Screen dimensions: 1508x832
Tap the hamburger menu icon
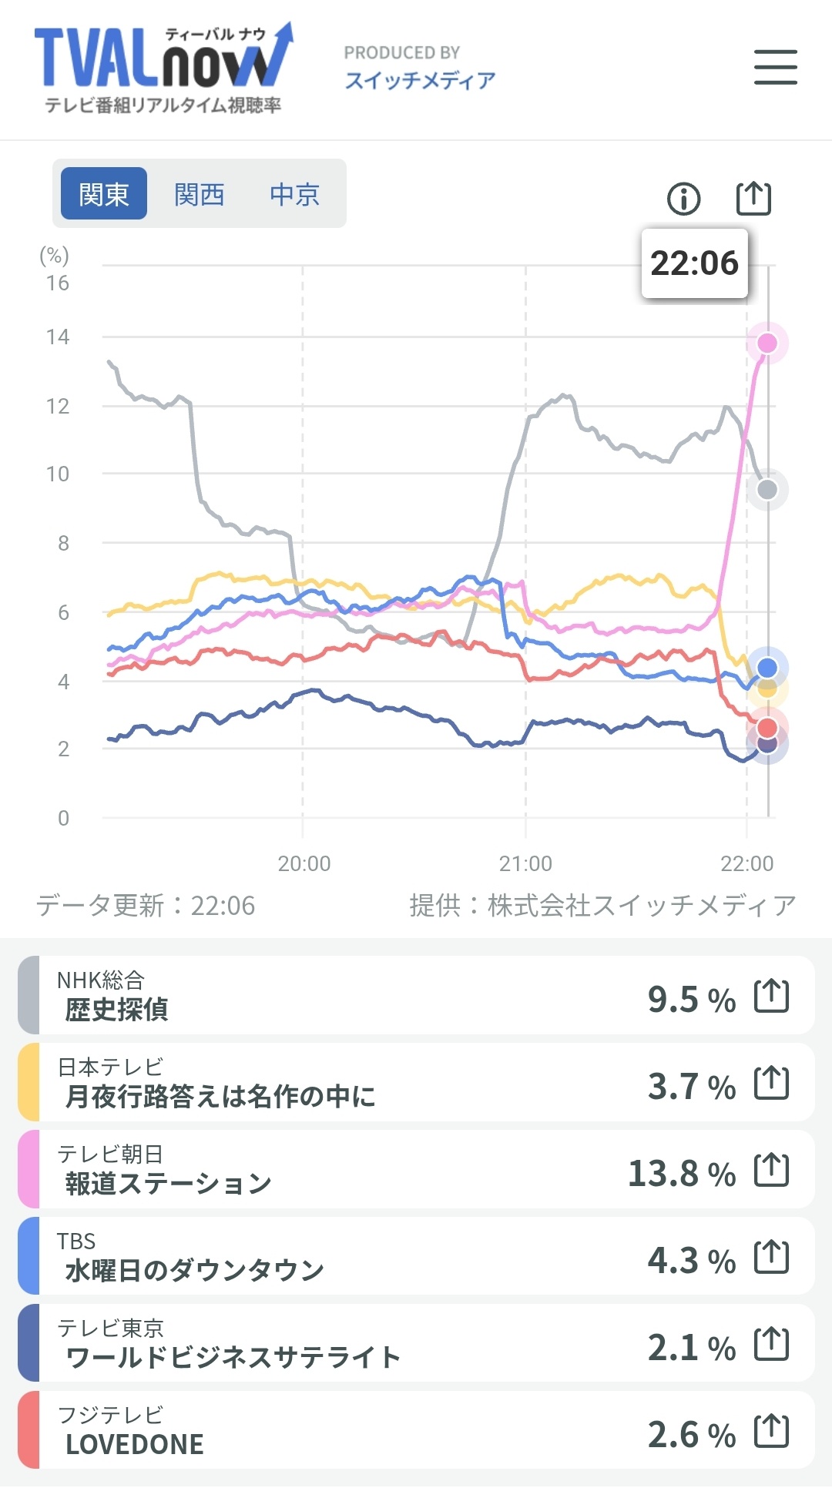(775, 67)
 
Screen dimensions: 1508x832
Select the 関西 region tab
(199, 194)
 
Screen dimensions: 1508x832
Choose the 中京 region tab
(294, 194)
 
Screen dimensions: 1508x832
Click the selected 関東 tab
(104, 194)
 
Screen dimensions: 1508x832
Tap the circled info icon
(683, 199)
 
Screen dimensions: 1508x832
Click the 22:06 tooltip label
(694, 263)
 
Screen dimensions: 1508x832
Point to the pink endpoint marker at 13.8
(767, 343)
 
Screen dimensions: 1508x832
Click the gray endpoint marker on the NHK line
(767, 489)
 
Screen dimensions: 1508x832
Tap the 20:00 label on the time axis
(304, 863)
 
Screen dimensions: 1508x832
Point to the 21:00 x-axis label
(525, 863)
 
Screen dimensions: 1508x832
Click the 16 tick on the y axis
(58, 283)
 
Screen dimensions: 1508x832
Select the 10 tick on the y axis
(58, 474)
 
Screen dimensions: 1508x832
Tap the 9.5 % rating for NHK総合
(691, 999)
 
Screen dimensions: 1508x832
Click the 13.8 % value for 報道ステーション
(682, 1174)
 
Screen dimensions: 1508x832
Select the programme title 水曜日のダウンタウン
(194, 1270)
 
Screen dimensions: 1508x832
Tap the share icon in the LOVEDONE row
(771, 1431)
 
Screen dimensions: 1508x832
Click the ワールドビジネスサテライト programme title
(233, 1357)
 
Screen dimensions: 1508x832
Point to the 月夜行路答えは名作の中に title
(220, 1095)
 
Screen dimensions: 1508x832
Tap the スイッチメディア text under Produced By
(420, 80)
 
